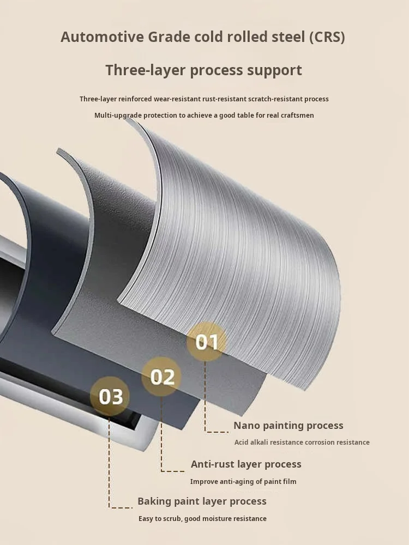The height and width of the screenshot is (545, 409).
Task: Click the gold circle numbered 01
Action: coord(207,342)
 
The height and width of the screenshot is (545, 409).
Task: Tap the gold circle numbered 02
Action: coord(162,377)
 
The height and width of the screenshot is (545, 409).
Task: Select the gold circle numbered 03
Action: coord(110,396)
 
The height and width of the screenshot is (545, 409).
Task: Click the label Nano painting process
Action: coord(288,426)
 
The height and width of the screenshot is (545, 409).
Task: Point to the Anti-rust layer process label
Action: coord(246,464)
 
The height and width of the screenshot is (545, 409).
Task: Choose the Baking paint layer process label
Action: coord(202,501)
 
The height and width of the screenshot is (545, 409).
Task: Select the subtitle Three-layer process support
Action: coord(203,70)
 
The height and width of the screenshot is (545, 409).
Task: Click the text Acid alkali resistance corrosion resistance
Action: coord(302,443)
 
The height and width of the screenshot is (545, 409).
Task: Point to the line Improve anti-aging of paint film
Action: coord(243,482)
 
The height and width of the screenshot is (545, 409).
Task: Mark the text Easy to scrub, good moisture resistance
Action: coord(202,519)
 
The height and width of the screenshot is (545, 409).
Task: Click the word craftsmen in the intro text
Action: coord(298,116)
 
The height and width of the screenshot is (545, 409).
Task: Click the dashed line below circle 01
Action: coord(206,398)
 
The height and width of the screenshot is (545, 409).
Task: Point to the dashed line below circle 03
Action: coord(110,463)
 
